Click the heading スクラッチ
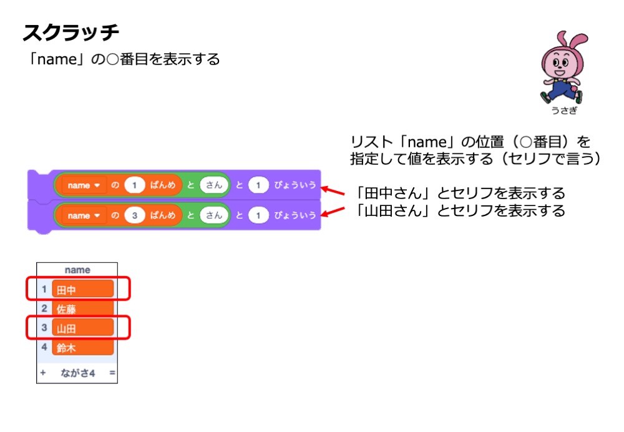[71, 32]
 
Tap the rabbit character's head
[560, 59]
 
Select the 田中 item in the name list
[83, 290]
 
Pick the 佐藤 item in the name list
[83, 309]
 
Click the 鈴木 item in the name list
[83, 348]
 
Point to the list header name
[77, 270]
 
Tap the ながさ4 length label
[77, 373]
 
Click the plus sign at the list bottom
[43, 373]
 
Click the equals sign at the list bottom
[112, 373]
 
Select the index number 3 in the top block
[134, 215]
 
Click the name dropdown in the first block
[82, 185]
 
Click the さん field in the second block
[214, 215]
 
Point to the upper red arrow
[335, 190]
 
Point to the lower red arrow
[335, 213]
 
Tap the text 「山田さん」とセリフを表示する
[459, 210]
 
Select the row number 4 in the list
[44, 347]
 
